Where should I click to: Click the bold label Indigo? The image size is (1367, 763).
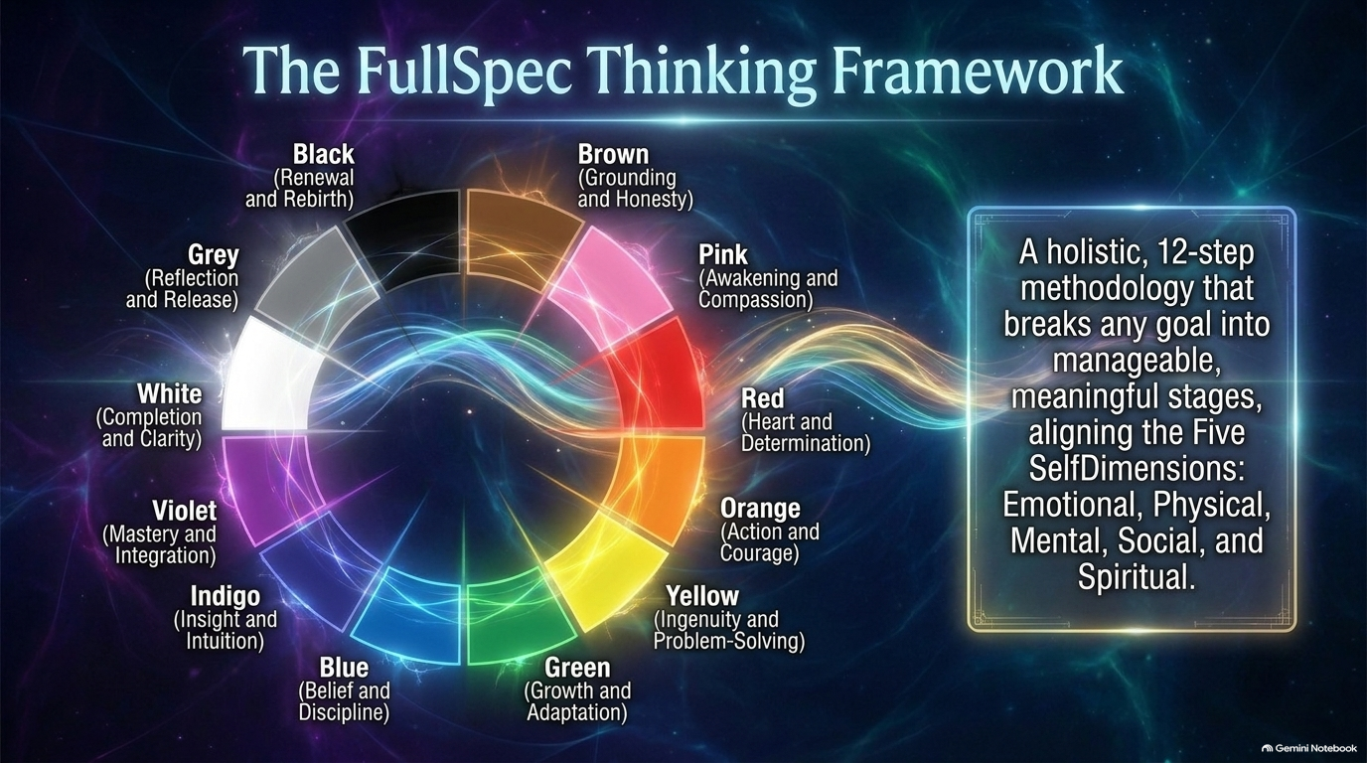coord(226,596)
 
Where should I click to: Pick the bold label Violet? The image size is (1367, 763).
coord(185,511)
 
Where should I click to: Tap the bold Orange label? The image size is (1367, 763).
coord(760,509)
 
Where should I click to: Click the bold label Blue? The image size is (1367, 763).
coord(344,668)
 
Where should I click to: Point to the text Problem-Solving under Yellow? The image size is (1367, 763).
coord(728,642)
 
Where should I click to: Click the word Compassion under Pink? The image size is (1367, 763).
coord(755,300)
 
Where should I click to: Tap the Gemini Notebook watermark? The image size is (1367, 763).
coord(1309,748)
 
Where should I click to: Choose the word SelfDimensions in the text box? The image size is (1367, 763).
coord(1137,469)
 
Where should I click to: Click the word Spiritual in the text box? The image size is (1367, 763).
coord(1136,577)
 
